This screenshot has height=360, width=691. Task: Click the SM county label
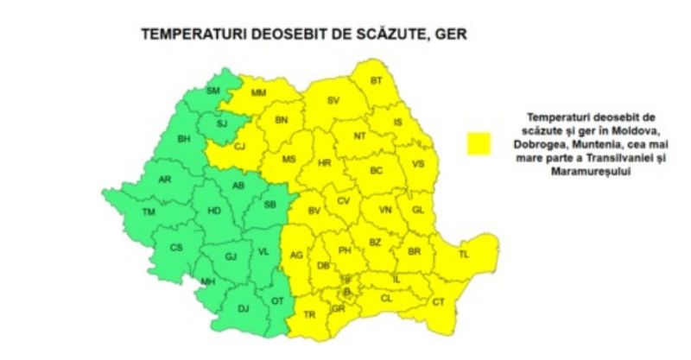pos(214,92)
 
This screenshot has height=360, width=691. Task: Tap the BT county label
pos(376,81)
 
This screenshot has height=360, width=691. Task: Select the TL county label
pos(463,255)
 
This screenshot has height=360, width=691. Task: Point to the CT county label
pos(438,301)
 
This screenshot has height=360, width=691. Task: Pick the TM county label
pos(149,212)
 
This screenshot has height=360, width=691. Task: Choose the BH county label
pos(183,139)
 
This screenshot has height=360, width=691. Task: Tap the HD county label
pos(215,210)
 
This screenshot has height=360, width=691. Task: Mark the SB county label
pos(269,205)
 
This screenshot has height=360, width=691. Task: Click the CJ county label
pos(240,146)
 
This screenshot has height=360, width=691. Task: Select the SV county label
pos(333,101)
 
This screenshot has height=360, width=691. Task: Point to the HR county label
pos(325,163)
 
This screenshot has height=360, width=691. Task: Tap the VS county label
pos(418,163)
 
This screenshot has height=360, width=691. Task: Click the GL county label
pos(418,210)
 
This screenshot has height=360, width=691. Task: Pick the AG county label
pos(296,255)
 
